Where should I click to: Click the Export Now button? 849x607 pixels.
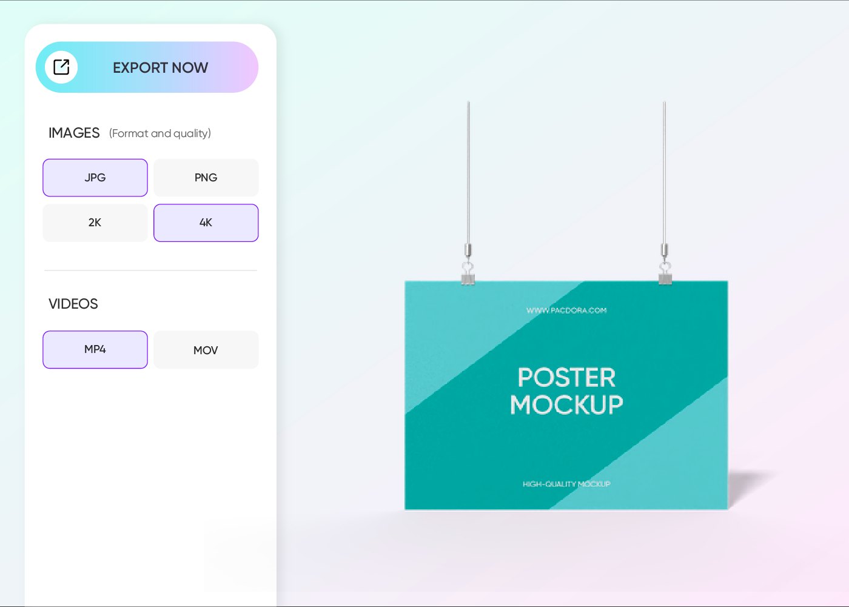click(x=159, y=67)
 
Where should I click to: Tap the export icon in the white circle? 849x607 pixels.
click(x=61, y=67)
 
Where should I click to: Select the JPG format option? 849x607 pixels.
click(x=95, y=178)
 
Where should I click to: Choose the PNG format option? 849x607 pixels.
click(x=206, y=178)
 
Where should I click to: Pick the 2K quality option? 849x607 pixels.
click(x=95, y=223)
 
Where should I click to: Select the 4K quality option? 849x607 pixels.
click(x=206, y=223)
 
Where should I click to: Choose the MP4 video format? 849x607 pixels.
click(x=95, y=349)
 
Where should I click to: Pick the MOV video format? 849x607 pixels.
click(x=206, y=350)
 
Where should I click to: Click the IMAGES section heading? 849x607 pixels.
click(x=74, y=133)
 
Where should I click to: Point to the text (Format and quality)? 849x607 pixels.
click(x=160, y=133)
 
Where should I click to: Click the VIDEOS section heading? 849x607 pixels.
click(x=73, y=304)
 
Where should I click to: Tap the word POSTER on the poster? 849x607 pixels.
click(x=566, y=378)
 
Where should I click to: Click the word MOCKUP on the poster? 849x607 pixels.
click(x=566, y=404)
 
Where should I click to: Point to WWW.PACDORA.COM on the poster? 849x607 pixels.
click(x=566, y=310)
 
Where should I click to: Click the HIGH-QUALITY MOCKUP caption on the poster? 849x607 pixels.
click(x=566, y=484)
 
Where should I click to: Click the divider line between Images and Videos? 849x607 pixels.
click(x=150, y=270)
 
